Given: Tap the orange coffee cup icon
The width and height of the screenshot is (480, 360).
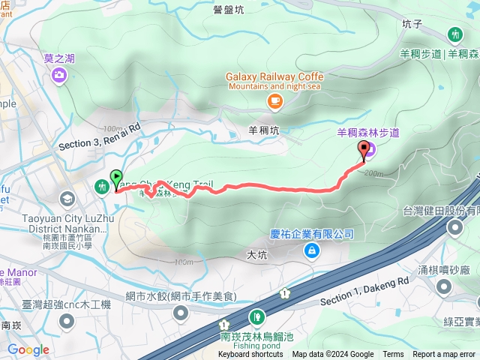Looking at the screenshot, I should click(274, 100).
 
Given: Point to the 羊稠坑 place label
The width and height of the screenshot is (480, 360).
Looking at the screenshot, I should click(263, 130).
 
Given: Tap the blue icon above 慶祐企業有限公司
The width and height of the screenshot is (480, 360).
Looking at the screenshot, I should click(310, 251).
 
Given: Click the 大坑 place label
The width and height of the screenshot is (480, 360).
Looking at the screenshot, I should click(256, 255).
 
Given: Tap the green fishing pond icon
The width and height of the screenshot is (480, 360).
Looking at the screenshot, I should click(257, 316).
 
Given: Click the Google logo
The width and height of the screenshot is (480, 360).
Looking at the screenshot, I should click(28, 349).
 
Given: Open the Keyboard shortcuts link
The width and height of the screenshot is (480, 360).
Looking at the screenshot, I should click(251, 355).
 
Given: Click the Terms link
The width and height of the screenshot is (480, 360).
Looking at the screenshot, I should click(393, 355).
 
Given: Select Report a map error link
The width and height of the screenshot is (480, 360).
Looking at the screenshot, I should click(445, 355).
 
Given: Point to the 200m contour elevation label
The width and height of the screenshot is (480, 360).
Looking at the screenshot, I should click(374, 173).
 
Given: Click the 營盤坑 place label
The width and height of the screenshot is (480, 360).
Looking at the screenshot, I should click(228, 10).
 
